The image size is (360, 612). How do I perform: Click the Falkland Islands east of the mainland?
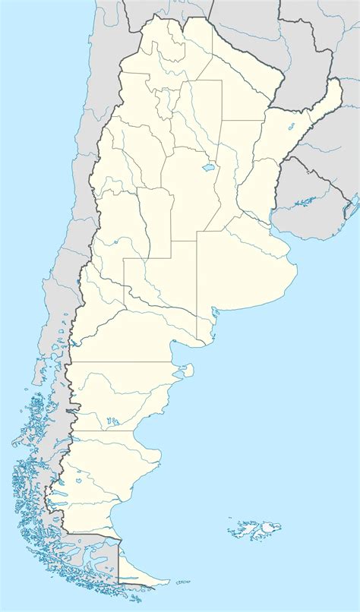(x=254, y=526)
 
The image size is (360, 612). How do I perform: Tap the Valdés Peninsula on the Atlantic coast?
(x=183, y=372)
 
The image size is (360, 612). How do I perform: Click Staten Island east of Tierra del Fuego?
(x=182, y=582)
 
